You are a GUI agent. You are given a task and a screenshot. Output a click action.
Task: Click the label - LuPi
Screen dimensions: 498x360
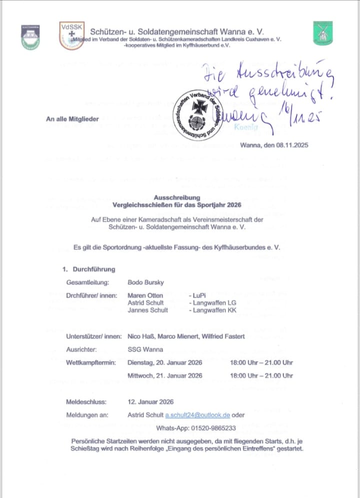click(x=199, y=296)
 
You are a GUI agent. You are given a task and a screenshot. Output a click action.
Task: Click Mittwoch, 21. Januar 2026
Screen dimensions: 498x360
click(x=165, y=375)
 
